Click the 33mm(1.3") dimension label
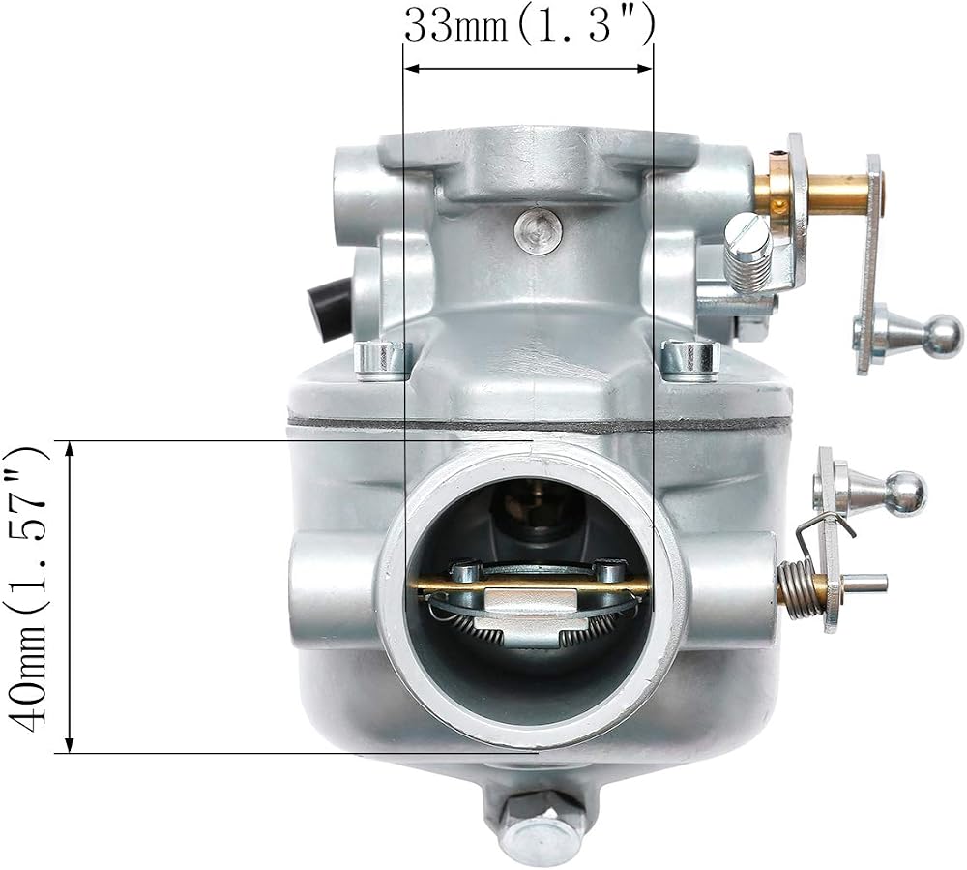[529, 26]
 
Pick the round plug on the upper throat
[539, 230]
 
